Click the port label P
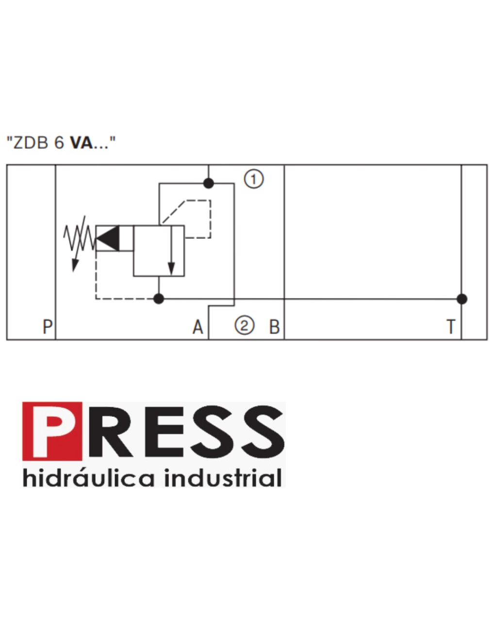click(x=48, y=327)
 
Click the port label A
click(x=198, y=327)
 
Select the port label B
click(x=274, y=327)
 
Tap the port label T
click(x=451, y=327)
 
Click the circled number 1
click(x=254, y=179)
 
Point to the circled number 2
click(x=244, y=325)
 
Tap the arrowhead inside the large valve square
click(x=171, y=269)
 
